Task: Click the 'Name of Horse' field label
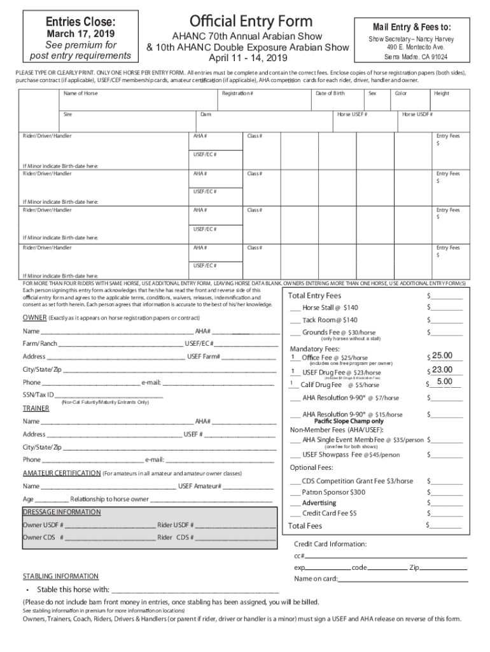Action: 81,94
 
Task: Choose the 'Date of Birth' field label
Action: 330,94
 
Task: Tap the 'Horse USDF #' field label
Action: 417,115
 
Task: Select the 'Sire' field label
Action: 67,115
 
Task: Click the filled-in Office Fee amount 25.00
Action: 442,355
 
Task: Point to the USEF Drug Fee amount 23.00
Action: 442,370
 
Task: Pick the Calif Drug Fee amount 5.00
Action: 444,382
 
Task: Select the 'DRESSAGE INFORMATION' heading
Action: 62,512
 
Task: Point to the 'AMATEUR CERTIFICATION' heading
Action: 62,473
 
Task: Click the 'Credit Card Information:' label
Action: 330,544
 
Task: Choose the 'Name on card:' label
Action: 315,579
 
